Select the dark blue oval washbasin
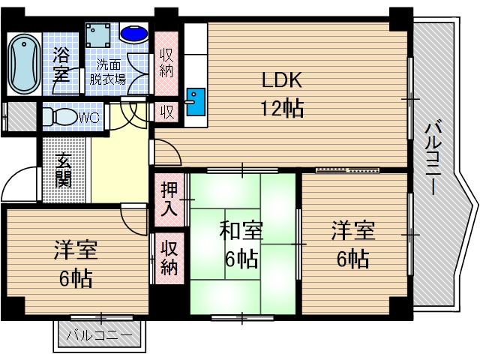click(x=136, y=34)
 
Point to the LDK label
click(x=281, y=79)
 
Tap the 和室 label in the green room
click(x=240, y=231)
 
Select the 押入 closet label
click(x=169, y=198)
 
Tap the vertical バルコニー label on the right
click(x=433, y=157)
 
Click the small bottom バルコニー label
click(x=100, y=335)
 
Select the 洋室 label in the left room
click(x=76, y=250)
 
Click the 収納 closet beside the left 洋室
click(x=169, y=257)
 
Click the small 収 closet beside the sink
click(x=166, y=112)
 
